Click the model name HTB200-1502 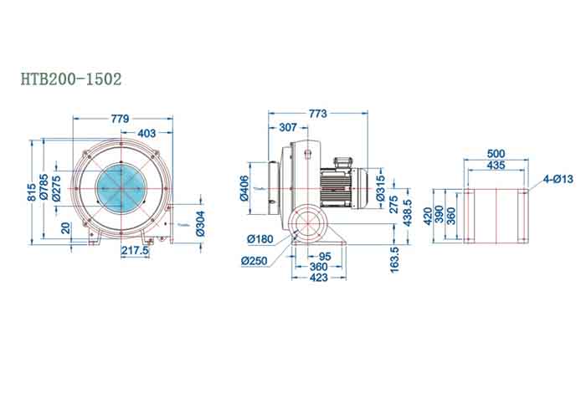click(x=71, y=79)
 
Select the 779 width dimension click(x=121, y=120)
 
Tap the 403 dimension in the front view click(x=146, y=132)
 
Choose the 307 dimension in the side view click(x=287, y=128)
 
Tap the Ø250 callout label click(x=254, y=262)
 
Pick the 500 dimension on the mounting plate click(x=496, y=154)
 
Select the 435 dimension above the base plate click(x=496, y=166)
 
